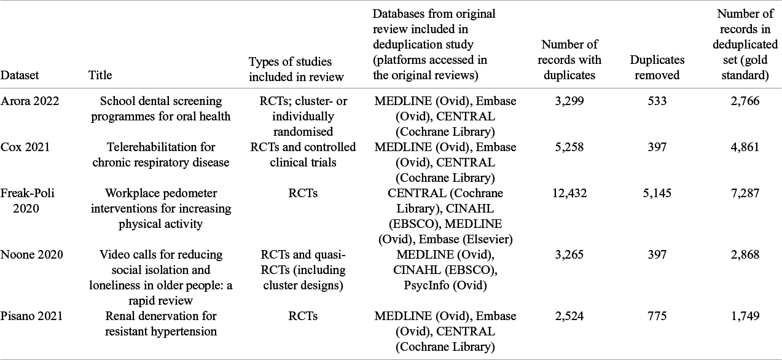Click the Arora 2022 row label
click(29, 101)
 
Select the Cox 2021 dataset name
click(25, 147)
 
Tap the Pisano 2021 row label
click(31, 316)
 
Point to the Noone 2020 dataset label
click(31, 255)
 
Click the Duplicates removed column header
click(657, 68)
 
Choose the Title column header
click(100, 76)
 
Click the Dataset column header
click(20, 76)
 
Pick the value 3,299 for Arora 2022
click(569, 101)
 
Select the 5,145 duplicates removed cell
click(657, 194)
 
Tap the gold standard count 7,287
click(745, 194)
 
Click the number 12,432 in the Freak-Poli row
click(569, 194)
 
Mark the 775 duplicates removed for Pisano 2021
click(657, 316)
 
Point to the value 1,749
click(745, 316)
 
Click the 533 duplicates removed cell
click(657, 101)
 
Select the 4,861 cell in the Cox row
click(745, 147)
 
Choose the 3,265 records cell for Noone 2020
click(569, 255)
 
